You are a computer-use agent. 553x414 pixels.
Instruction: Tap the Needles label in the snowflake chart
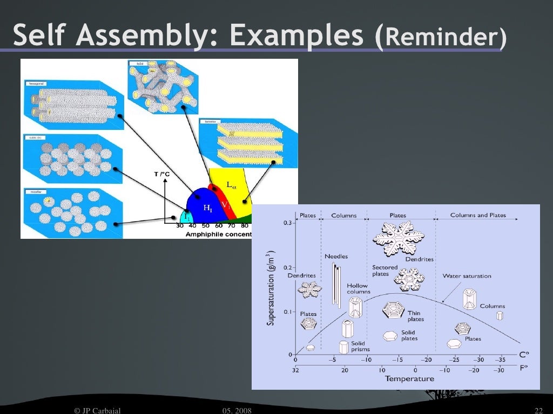pyautogui.click(x=336, y=257)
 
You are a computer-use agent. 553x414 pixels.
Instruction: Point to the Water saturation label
pyautogui.click(x=467, y=276)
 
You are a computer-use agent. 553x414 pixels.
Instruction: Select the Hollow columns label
pyautogui.click(x=357, y=289)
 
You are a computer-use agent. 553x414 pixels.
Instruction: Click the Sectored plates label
pyautogui.click(x=385, y=271)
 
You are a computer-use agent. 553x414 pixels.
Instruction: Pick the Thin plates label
pyautogui.click(x=415, y=316)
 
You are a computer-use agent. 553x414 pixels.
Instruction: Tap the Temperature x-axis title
pyautogui.click(x=409, y=378)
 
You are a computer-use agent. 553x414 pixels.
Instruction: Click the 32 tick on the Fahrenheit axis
pyautogui.click(x=295, y=370)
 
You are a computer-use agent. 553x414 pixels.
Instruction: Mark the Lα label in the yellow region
pyautogui.click(x=231, y=185)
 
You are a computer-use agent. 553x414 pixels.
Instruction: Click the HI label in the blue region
pyautogui.click(x=208, y=208)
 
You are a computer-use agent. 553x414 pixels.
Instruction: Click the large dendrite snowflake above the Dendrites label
pyautogui.click(x=399, y=237)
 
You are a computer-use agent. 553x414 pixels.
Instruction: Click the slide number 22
pyautogui.click(x=537, y=411)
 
